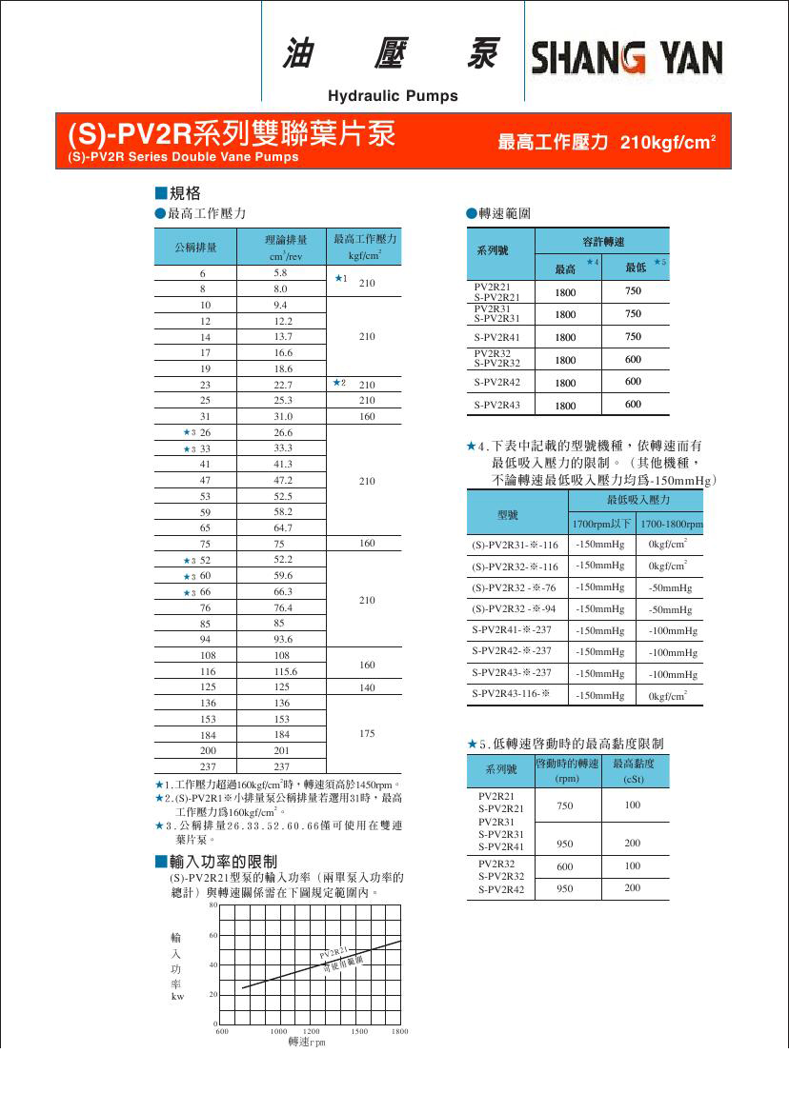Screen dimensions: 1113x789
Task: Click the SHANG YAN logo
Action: [x=626, y=58]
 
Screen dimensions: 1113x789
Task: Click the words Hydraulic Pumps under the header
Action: [x=393, y=96]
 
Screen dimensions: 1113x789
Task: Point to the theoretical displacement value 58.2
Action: [x=283, y=512]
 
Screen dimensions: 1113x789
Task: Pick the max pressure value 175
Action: [x=366, y=734]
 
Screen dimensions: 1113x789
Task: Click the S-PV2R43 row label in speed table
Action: [x=496, y=406]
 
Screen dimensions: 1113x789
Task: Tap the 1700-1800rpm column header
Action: [x=671, y=525]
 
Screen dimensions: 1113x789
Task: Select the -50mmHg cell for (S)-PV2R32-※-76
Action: [x=669, y=587]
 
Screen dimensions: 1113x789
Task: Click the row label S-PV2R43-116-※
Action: [x=512, y=695]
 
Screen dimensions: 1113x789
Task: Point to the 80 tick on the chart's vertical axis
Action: [x=213, y=905]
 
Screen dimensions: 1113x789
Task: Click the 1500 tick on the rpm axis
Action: [x=360, y=1032]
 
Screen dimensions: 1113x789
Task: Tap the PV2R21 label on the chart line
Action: [x=334, y=952]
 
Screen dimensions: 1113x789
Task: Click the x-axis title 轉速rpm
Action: [x=306, y=1042]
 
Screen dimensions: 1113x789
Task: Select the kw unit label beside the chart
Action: [x=177, y=996]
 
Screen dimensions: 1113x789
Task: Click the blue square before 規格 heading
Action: [x=161, y=193]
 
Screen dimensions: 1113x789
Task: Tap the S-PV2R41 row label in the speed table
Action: [x=496, y=337]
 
